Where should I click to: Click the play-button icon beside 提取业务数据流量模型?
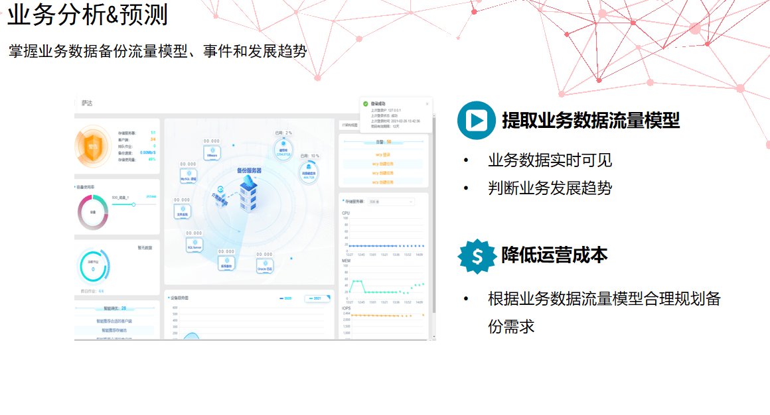[x=477, y=120]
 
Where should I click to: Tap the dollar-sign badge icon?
[x=477, y=256]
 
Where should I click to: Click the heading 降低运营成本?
[x=554, y=255]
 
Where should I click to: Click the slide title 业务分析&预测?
[x=88, y=15]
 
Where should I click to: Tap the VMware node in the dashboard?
[x=212, y=152]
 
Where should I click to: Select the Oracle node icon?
[x=265, y=265]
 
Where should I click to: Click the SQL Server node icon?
[x=194, y=245]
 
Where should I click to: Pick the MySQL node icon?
[x=189, y=176]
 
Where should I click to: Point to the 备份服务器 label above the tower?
[x=249, y=170]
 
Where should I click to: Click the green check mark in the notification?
[x=365, y=103]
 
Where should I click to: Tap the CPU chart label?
[x=346, y=213]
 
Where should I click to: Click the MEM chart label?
[x=346, y=261]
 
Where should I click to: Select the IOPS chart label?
[x=346, y=308]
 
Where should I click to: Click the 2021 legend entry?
[x=317, y=298]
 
